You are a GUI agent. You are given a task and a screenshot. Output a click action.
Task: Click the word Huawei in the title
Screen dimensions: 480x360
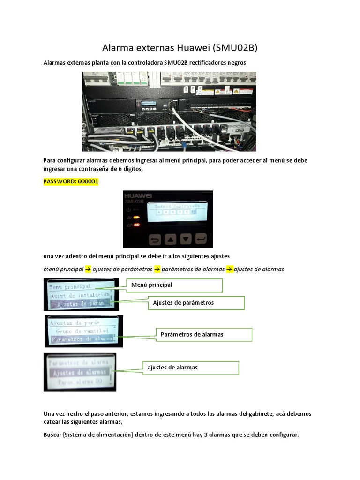(194, 48)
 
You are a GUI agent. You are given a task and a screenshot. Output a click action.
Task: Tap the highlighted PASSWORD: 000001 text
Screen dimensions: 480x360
(71, 181)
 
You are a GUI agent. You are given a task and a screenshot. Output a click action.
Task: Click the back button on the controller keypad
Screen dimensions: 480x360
(155, 240)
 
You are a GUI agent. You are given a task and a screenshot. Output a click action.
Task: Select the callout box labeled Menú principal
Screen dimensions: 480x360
(174, 285)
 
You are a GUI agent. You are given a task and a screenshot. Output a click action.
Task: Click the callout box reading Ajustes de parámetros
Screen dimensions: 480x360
(196, 303)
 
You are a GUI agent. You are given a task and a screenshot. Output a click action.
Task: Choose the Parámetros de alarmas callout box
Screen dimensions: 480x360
(204, 334)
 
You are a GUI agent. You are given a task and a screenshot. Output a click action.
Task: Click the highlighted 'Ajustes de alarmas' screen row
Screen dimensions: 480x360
(79, 373)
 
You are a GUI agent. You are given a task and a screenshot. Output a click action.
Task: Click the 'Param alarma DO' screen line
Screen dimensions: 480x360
(79, 382)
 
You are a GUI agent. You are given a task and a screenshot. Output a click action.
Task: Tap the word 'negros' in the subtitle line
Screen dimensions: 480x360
(235, 62)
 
